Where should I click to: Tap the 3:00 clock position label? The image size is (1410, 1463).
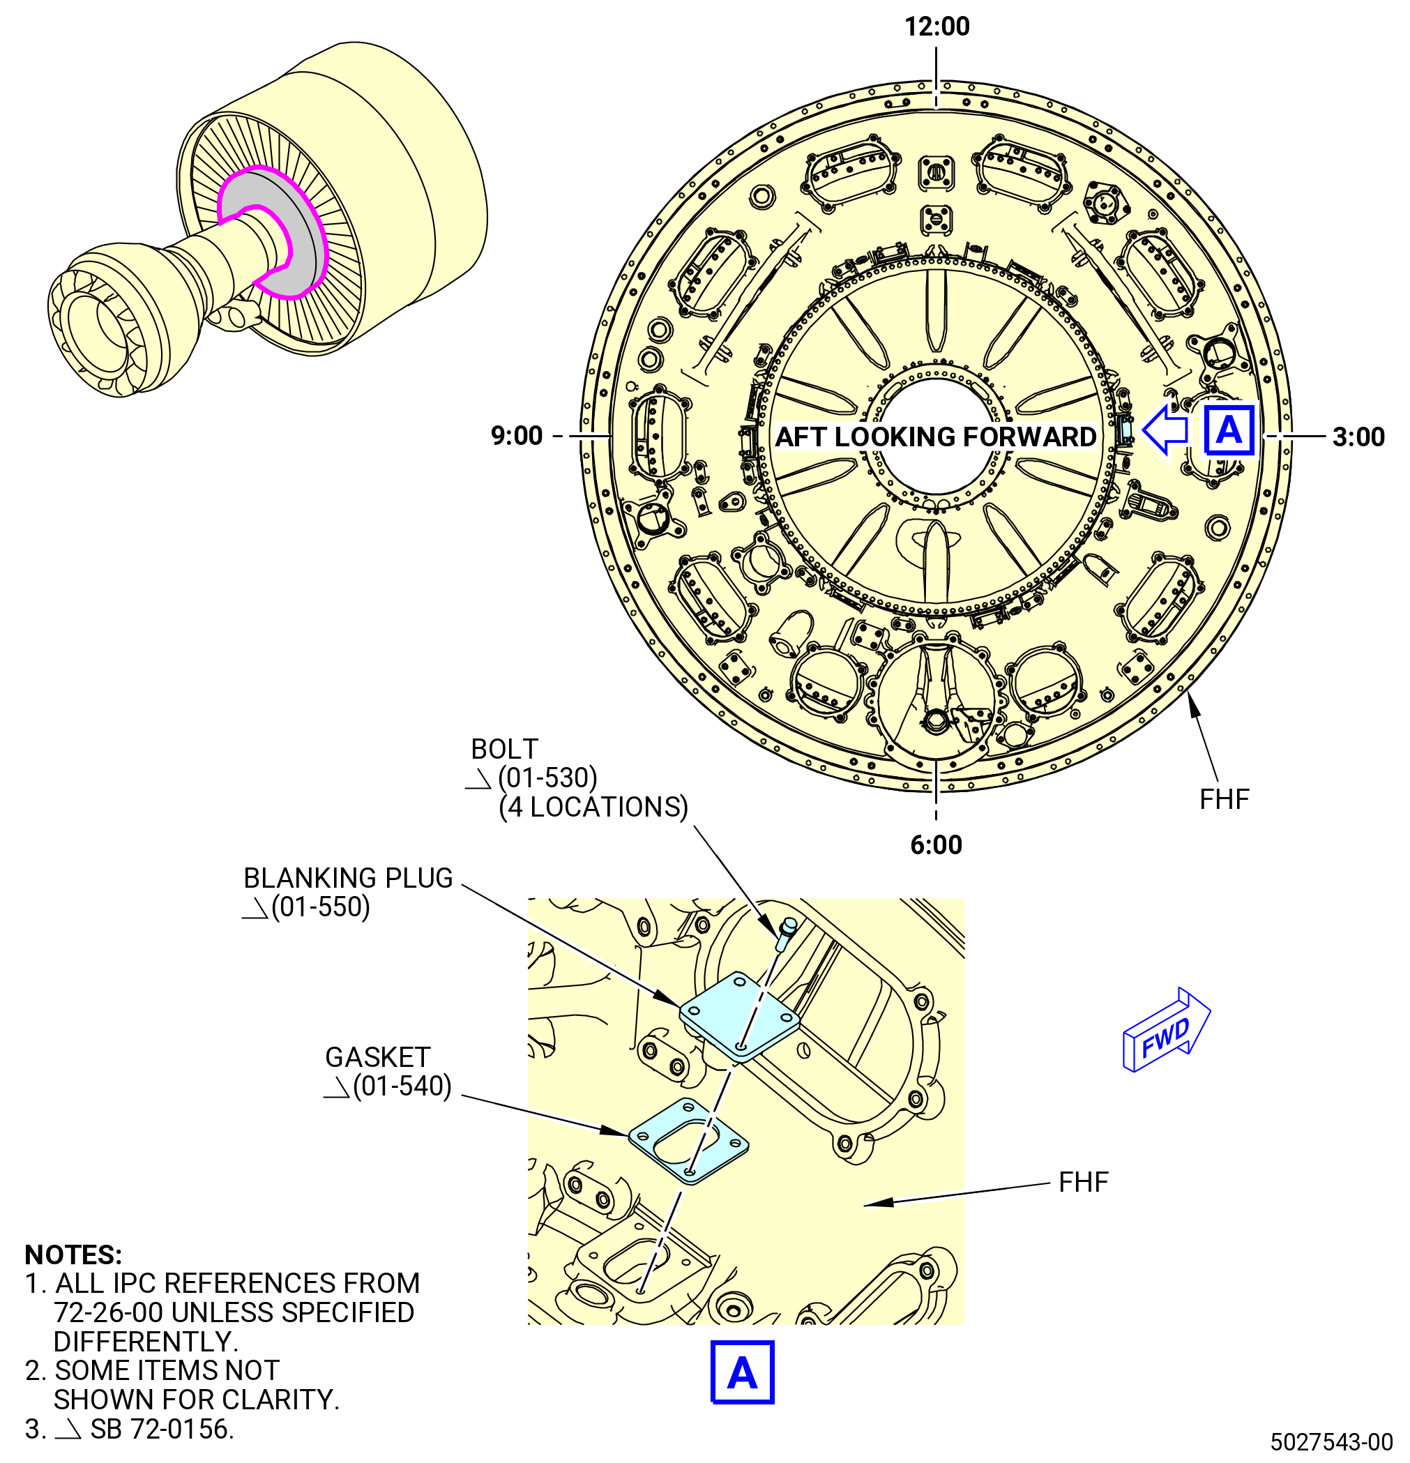(x=1358, y=437)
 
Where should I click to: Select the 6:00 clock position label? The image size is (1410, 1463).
(x=936, y=845)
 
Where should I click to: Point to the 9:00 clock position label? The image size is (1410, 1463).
(x=517, y=435)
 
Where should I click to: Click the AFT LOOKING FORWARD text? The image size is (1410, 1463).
(x=936, y=437)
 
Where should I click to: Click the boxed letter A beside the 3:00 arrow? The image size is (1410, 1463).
(x=1229, y=430)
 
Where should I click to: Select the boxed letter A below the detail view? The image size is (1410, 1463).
(x=742, y=1372)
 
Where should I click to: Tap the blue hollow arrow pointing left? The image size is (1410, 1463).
(x=1165, y=430)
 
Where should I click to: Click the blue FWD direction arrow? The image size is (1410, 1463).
(x=1166, y=1031)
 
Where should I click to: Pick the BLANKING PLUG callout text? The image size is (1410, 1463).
(x=348, y=878)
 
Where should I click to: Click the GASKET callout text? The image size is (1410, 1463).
(x=378, y=1057)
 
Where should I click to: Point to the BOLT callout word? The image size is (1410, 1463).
(x=505, y=749)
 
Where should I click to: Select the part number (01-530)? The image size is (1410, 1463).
(x=548, y=778)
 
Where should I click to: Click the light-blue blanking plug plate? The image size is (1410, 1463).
(x=739, y=1016)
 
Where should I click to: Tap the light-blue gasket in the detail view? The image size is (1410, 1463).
(x=688, y=1142)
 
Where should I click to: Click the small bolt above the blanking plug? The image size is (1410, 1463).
(x=786, y=933)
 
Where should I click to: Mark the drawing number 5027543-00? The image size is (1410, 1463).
(x=1332, y=1441)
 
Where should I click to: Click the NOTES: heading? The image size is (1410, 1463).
(x=73, y=1254)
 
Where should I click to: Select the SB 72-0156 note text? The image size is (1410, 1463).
(x=162, y=1429)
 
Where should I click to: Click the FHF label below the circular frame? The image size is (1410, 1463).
(x=1224, y=799)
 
